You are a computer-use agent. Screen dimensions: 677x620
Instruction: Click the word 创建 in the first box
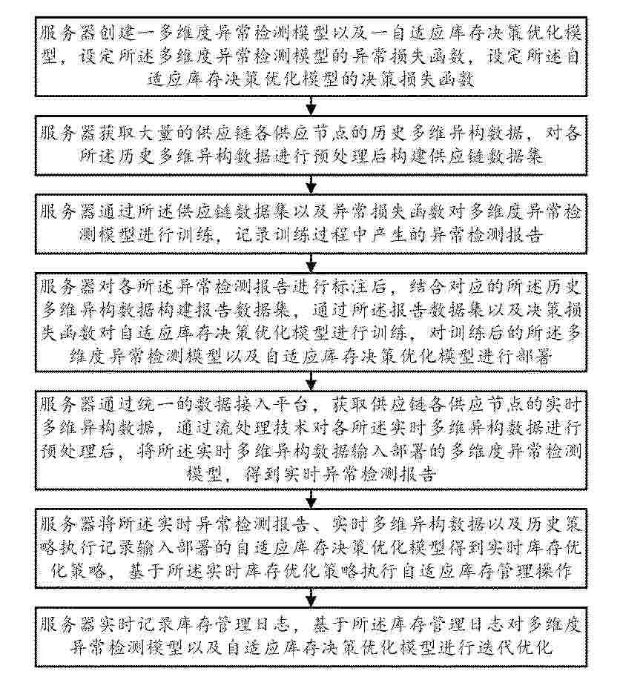[x=131, y=33]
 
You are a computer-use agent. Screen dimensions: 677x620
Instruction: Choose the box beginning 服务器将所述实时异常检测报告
[x=311, y=549]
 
